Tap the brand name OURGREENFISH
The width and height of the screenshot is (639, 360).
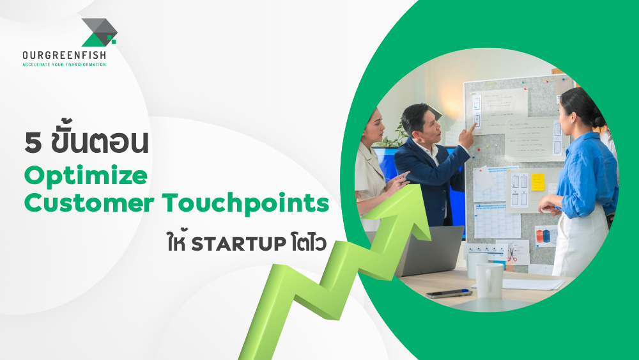coord(64,56)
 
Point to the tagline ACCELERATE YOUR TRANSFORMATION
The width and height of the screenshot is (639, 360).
coord(64,65)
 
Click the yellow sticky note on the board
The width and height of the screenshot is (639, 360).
coord(538,182)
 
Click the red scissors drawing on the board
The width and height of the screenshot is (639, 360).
coord(512,254)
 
